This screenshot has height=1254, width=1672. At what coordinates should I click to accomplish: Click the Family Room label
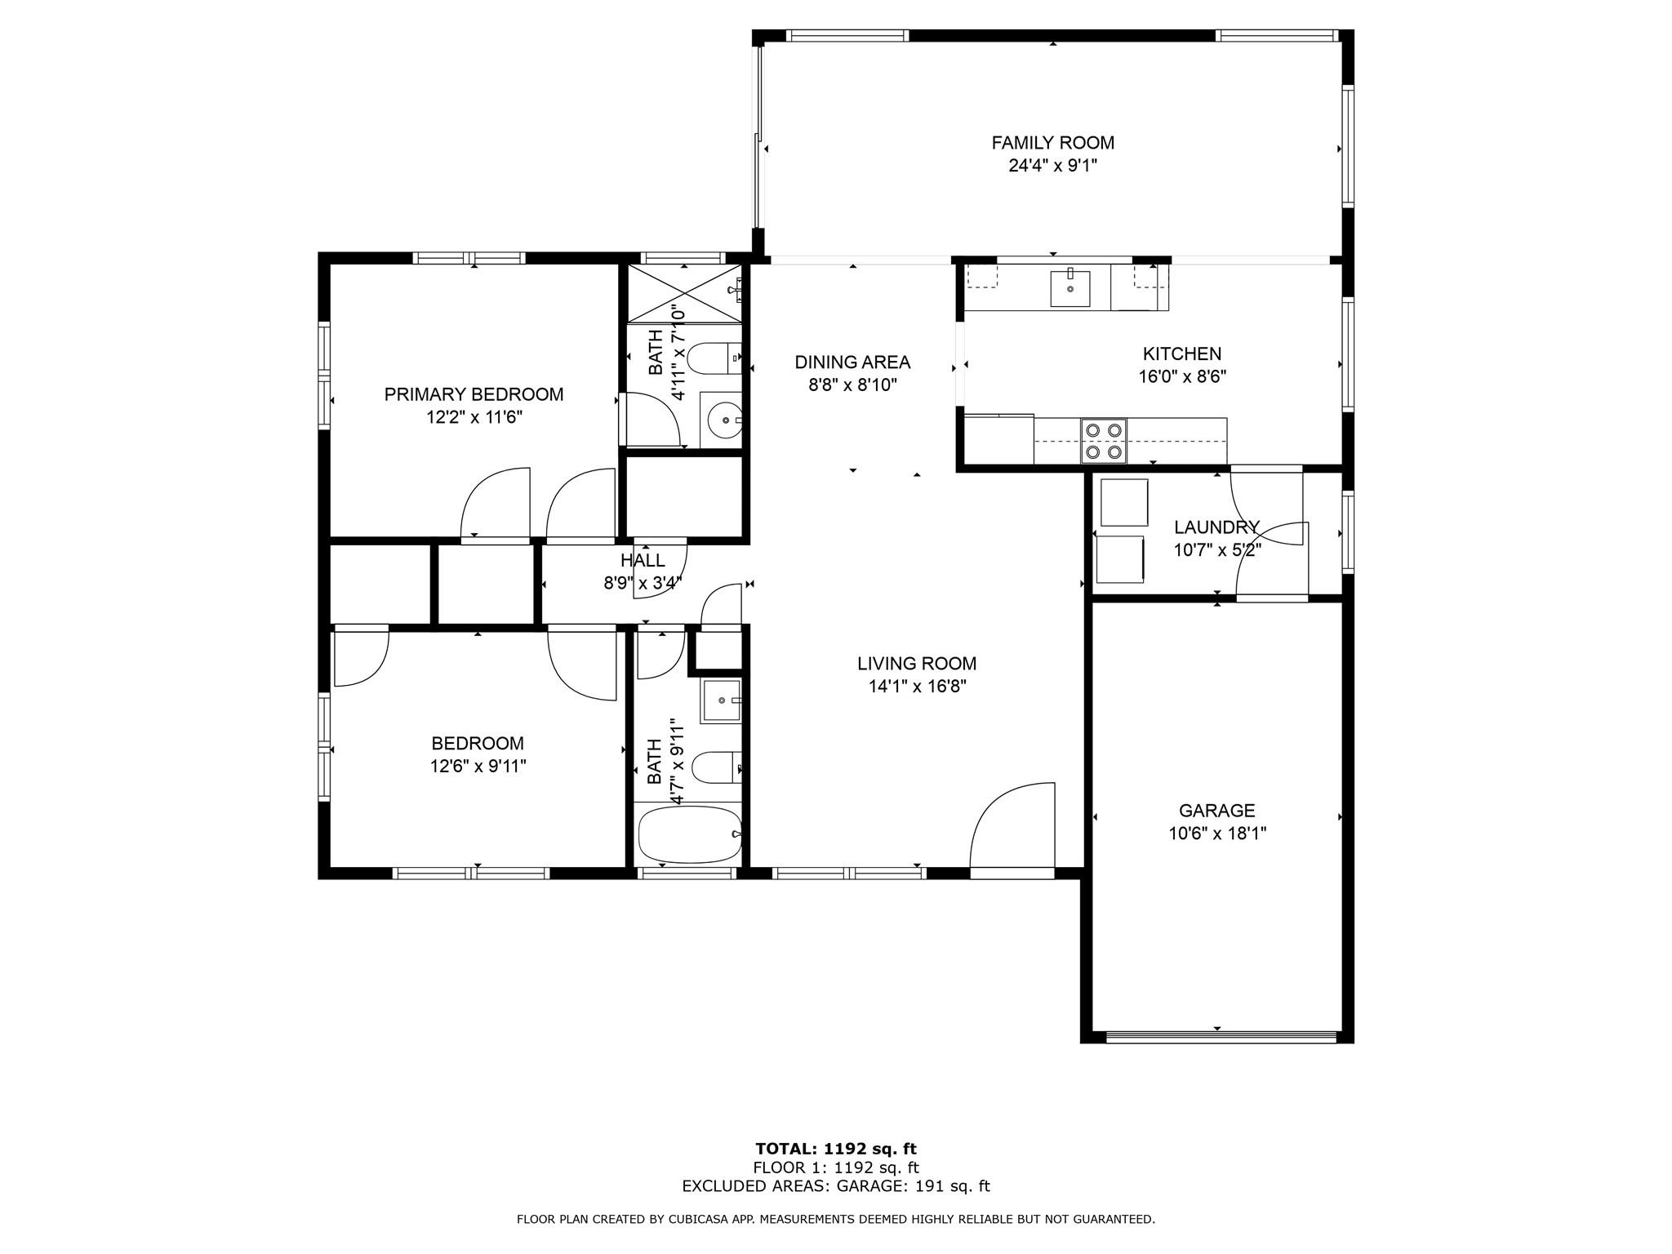[x=1052, y=143]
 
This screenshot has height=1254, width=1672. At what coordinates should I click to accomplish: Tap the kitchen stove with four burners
[x=1104, y=441]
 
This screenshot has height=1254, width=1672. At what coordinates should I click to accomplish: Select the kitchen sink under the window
[x=1069, y=288]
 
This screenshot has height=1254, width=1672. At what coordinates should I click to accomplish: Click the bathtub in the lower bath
[x=689, y=834]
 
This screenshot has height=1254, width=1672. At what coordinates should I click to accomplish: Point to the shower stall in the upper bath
[x=684, y=294]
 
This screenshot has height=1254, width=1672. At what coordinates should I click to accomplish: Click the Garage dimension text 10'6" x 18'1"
[x=1216, y=834]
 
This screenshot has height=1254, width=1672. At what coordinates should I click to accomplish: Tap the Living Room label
[x=917, y=664]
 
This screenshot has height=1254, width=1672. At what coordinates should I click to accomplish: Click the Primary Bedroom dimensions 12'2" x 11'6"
[x=474, y=417]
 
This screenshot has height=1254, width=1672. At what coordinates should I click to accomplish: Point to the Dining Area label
[x=852, y=362]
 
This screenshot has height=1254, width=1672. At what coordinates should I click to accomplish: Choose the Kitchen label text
[x=1182, y=354]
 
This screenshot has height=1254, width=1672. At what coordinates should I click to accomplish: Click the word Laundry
[x=1216, y=527]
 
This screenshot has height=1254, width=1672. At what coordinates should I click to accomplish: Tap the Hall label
[x=643, y=560]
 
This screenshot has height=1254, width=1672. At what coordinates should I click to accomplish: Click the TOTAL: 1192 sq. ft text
[x=836, y=1149]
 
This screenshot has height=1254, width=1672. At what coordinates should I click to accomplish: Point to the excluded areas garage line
[x=836, y=1186]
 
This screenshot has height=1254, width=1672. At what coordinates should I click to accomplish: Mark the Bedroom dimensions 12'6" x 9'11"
[x=478, y=766]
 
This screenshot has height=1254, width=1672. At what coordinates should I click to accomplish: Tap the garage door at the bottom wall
[x=1221, y=1037]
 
